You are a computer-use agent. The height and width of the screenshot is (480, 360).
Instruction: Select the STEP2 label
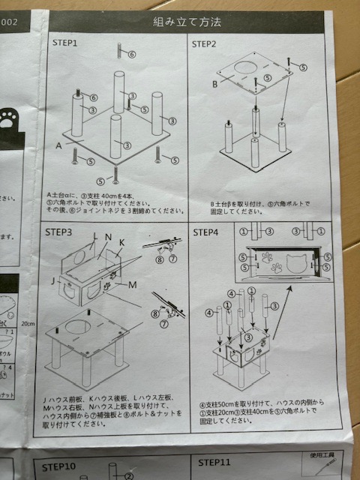(x=204, y=44)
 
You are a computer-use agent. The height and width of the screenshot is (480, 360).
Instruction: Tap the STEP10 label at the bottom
(x=64, y=466)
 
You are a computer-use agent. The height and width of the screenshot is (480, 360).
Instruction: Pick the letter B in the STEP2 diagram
(x=214, y=85)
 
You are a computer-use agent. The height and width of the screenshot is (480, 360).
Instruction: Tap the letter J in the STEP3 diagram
(x=52, y=283)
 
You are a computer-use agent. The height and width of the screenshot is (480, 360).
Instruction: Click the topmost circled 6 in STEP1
(x=131, y=55)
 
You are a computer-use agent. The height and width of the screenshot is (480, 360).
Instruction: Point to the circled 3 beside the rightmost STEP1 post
(x=172, y=121)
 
